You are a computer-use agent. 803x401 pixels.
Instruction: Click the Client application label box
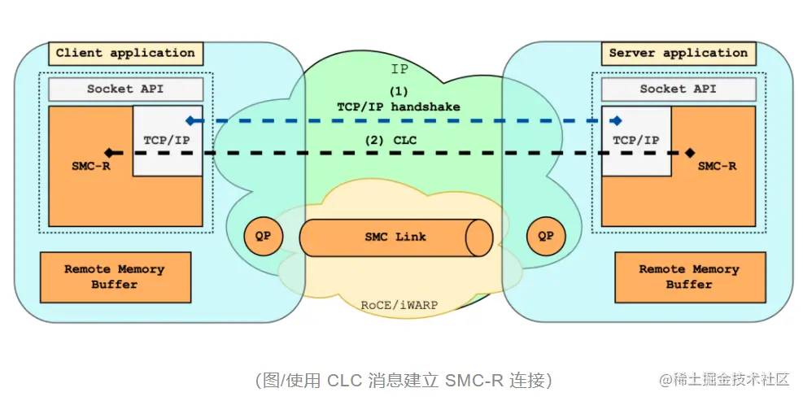pyautogui.click(x=125, y=54)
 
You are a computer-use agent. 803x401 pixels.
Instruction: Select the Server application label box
pyautogui.click(x=679, y=54)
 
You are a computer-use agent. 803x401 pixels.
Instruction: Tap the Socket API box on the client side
pyautogui.click(x=125, y=89)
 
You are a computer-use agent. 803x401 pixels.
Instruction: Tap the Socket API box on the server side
pyautogui.click(x=679, y=89)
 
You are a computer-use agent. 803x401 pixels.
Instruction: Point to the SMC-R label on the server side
pyautogui.click(x=718, y=166)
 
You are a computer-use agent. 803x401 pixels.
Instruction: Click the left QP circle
pyautogui.click(x=264, y=237)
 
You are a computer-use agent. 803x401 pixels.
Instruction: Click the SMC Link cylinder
pyautogui.click(x=395, y=238)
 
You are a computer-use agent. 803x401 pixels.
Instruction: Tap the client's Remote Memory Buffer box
pyautogui.click(x=115, y=277)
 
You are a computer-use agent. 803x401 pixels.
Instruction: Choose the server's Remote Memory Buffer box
pyautogui.click(x=688, y=277)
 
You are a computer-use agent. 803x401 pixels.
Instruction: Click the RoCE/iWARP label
pyautogui.click(x=400, y=305)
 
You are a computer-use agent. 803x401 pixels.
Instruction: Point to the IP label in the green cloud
pyautogui.click(x=399, y=69)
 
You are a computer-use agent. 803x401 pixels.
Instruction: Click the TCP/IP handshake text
pyautogui.click(x=398, y=107)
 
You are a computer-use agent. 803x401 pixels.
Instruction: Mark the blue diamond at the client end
pyautogui.click(x=190, y=120)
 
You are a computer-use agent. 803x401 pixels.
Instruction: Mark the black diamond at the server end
pyautogui.click(x=690, y=152)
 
